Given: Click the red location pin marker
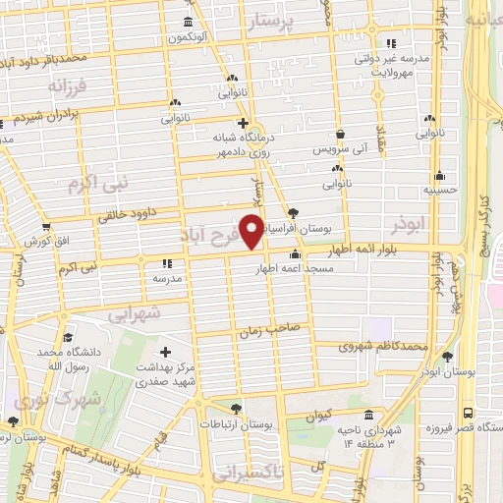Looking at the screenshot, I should click(x=252, y=231).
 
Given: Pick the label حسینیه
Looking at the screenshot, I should click(x=437, y=190).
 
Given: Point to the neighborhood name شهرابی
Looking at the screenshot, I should click(x=131, y=313).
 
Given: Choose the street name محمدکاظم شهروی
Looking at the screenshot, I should click(x=383, y=346).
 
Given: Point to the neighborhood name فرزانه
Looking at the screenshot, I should click(x=67, y=84).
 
